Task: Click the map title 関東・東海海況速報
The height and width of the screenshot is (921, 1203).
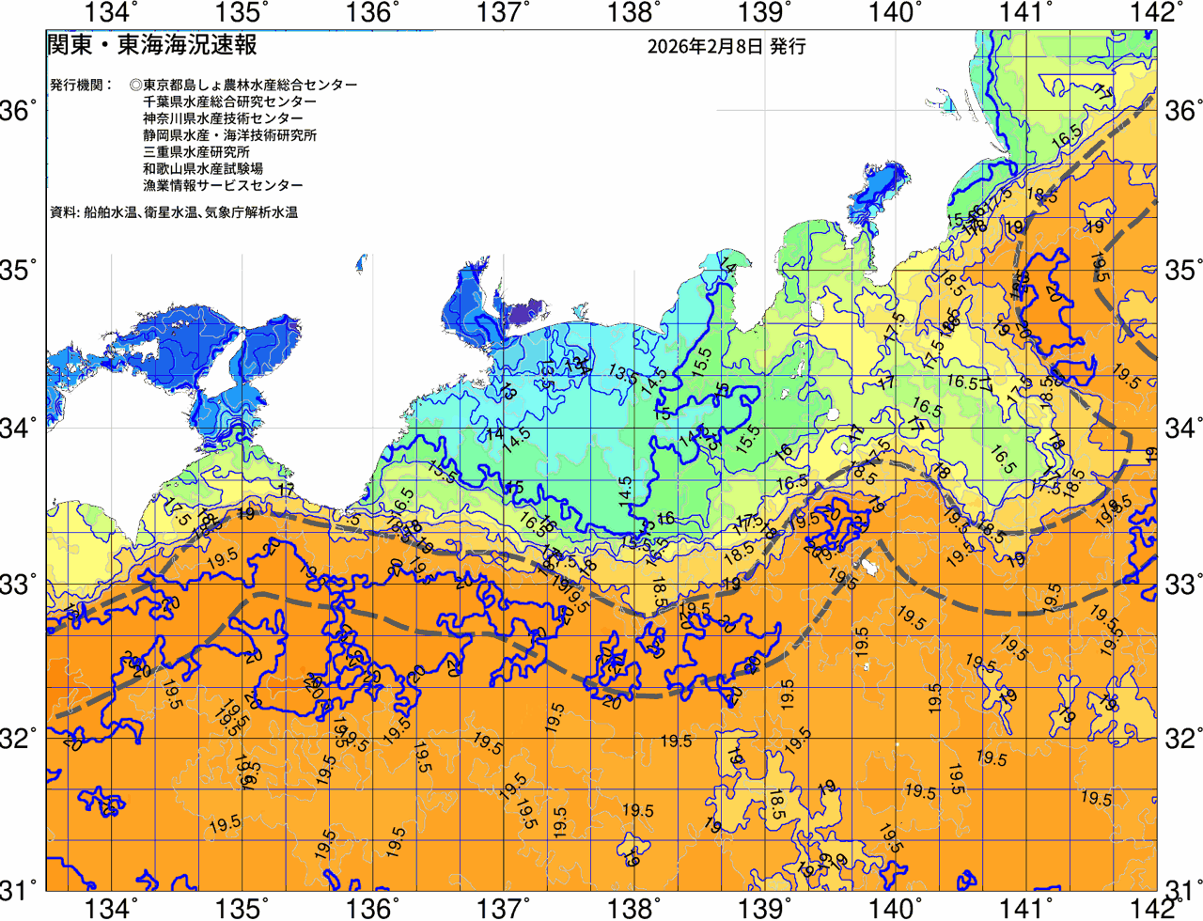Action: coord(151,45)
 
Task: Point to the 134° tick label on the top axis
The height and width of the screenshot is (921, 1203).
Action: coord(111,12)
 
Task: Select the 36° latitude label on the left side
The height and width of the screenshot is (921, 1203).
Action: coord(19,111)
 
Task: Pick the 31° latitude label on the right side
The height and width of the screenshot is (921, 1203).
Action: coord(1183,888)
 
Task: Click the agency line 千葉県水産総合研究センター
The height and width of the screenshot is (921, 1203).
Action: coord(229,101)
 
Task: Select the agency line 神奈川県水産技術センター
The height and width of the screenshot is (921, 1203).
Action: coord(223,118)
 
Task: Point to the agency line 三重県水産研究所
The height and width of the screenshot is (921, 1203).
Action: coord(196,152)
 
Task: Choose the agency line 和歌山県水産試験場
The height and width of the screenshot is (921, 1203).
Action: coord(203,169)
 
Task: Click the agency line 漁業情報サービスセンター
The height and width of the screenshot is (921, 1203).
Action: coord(223,186)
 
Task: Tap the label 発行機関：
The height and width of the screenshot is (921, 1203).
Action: coord(81,85)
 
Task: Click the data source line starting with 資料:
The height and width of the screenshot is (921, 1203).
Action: coord(174,213)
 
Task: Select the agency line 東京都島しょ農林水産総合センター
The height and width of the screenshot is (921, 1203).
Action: coord(243,85)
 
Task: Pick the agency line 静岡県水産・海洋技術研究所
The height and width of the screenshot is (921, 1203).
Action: coord(229,135)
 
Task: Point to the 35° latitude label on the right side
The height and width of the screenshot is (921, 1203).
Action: coord(1183,271)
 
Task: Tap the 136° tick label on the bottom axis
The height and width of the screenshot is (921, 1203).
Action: coord(371,908)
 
